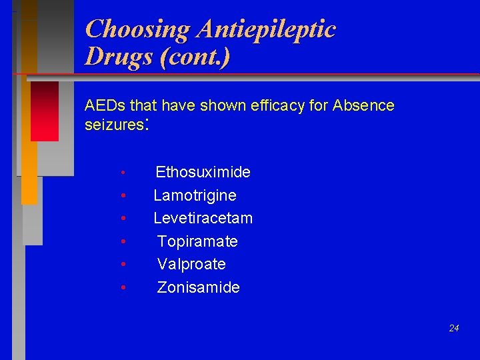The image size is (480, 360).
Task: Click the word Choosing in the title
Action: point(137,29)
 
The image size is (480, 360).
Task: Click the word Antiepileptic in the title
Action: point(265,29)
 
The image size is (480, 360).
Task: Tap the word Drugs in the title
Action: point(119,57)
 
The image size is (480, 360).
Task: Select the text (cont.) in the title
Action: point(195,57)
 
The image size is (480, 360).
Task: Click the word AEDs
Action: point(105,105)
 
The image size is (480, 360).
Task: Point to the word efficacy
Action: point(275,105)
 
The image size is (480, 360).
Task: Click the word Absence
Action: point(363,105)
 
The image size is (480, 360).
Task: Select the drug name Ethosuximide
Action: point(203,173)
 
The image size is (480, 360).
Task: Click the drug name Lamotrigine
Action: point(195,195)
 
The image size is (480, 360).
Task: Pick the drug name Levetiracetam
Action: point(203,218)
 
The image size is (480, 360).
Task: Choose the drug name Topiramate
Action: point(197,241)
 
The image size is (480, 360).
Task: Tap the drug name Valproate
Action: point(191,264)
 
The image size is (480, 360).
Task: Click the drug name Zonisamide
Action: point(198,287)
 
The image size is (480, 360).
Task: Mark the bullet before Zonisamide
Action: point(124,288)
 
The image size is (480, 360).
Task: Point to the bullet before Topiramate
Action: point(124,242)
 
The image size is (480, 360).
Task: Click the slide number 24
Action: point(454,328)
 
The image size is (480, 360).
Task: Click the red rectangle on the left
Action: point(45,111)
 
